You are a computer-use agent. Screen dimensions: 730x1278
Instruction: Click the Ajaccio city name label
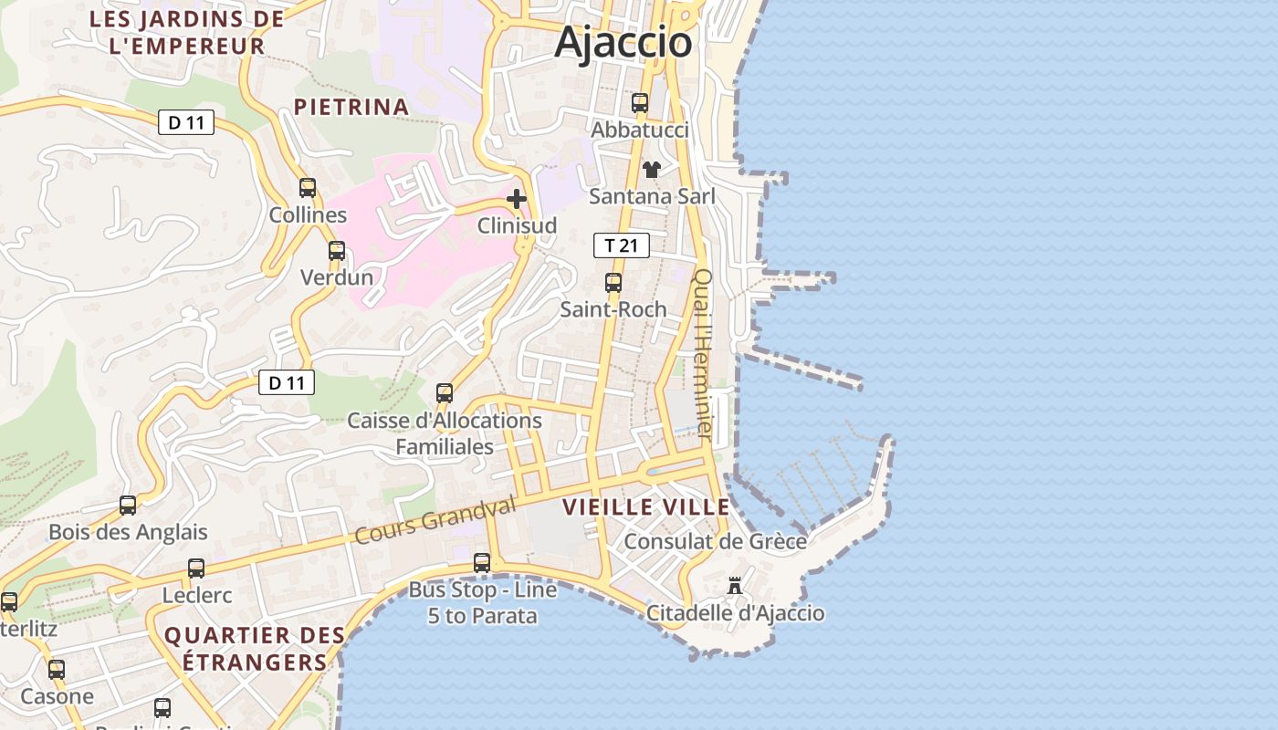click(x=623, y=42)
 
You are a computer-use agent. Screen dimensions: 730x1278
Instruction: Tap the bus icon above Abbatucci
click(x=640, y=103)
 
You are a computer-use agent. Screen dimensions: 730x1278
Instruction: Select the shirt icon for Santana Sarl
click(x=652, y=169)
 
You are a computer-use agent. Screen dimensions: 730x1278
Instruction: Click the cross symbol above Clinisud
click(x=517, y=198)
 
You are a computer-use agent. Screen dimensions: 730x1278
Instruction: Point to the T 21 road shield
click(x=621, y=245)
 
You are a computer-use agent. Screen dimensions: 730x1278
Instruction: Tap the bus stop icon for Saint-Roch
click(x=613, y=283)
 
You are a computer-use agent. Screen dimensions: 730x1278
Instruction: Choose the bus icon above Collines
click(x=308, y=188)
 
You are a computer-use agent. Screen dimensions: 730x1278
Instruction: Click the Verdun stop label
click(x=337, y=277)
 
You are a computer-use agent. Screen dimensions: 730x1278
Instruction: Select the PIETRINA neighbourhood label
click(x=351, y=107)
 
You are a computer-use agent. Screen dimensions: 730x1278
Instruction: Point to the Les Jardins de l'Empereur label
click(x=187, y=32)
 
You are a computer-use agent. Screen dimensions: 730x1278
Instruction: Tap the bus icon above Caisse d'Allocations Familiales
click(x=445, y=393)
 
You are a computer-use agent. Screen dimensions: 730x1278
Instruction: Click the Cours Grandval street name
click(x=435, y=520)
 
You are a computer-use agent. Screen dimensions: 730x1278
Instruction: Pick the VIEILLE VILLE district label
click(x=645, y=507)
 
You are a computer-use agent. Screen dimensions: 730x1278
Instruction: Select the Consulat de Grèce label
click(x=715, y=541)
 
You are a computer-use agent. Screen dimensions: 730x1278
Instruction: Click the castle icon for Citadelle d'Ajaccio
click(x=735, y=586)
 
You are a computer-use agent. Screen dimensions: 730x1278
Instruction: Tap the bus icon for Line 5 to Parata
click(x=482, y=563)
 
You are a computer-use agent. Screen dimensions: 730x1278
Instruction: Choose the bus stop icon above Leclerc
click(x=196, y=568)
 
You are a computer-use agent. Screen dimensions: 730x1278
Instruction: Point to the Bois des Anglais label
click(x=128, y=532)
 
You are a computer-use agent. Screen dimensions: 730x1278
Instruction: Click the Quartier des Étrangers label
click(x=255, y=648)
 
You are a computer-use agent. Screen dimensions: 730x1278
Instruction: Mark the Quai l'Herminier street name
click(x=704, y=351)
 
